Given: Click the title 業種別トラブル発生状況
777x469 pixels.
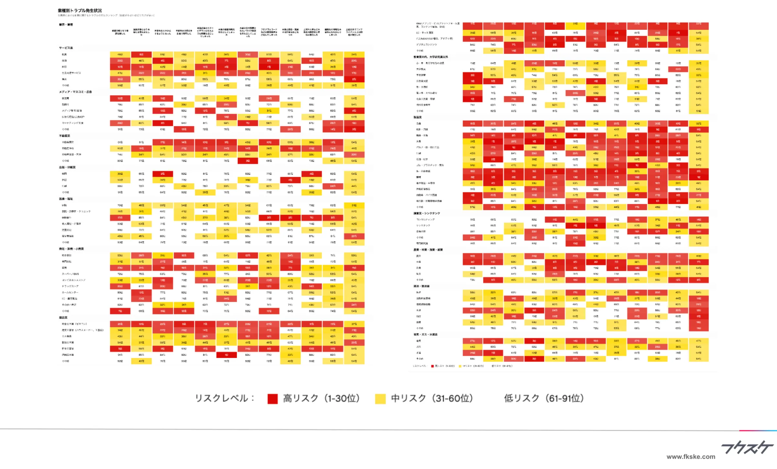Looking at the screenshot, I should [80, 11].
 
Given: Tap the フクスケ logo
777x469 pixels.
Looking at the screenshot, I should [747, 448].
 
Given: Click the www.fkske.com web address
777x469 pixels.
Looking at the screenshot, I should [691, 457].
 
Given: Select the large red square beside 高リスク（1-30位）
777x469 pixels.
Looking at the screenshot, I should [273, 399].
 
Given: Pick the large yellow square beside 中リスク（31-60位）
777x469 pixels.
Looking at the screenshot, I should [380, 399].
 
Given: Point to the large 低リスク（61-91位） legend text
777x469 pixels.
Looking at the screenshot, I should [544, 398].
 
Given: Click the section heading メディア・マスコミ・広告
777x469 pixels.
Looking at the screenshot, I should [75, 92].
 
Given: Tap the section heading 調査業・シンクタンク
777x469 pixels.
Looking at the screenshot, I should [426, 213].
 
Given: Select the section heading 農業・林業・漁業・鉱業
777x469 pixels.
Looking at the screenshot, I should [428, 250].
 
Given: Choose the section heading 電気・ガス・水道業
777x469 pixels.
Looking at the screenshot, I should [425, 334].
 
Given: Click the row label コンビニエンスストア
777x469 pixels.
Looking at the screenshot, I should [73, 280].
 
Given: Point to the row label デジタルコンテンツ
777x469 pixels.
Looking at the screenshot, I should [426, 45].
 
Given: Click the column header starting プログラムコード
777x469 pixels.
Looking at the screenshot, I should [269, 32].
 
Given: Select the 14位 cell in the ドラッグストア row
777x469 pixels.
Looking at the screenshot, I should [311, 286].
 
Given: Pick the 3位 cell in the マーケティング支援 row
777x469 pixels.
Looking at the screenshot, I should [163, 123].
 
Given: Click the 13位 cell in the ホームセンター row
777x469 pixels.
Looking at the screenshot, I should [141, 292].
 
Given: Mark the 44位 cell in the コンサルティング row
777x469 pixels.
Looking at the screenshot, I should [575, 219].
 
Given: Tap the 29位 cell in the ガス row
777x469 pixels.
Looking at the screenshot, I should [657, 347].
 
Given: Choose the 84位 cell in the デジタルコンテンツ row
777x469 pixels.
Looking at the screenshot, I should [472, 45].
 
